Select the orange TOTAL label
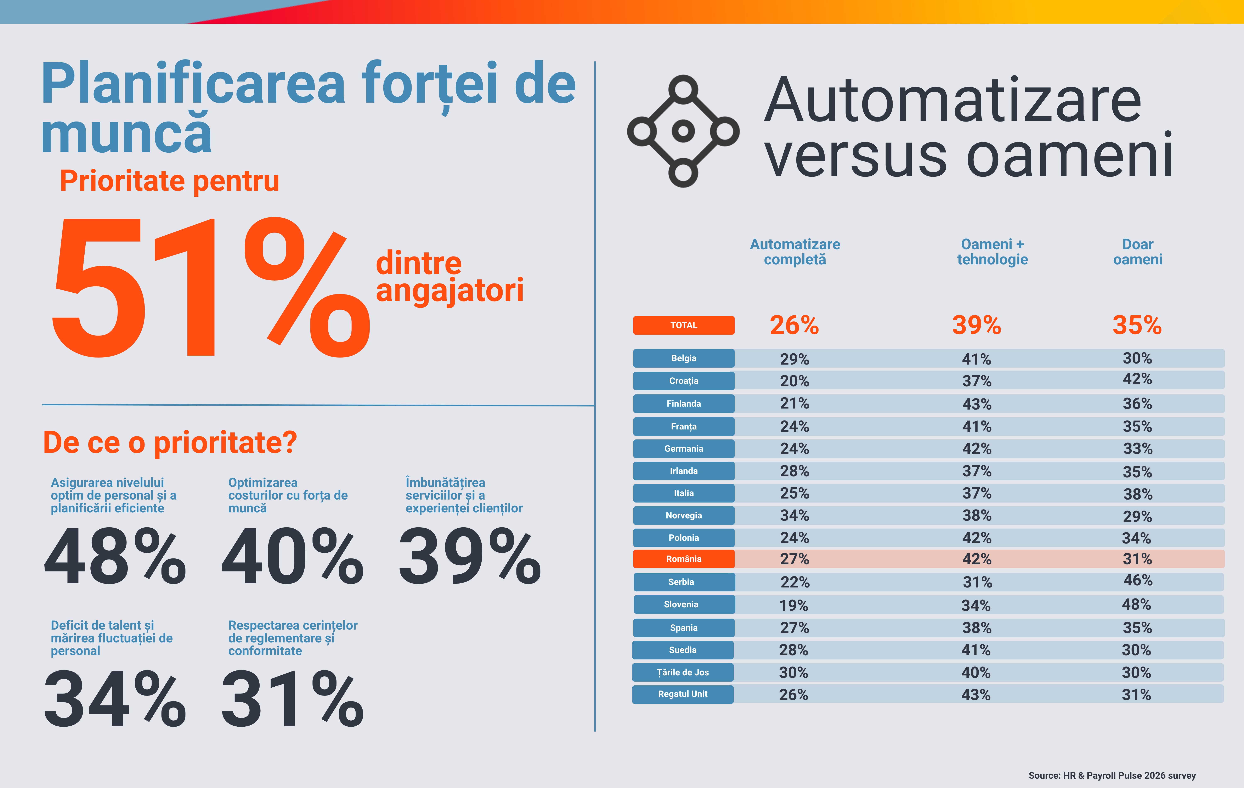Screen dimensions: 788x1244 click(x=684, y=325)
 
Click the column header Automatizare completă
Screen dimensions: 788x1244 click(x=795, y=252)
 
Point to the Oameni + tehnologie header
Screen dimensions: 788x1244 click(x=992, y=252)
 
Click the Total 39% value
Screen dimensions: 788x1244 click(x=976, y=325)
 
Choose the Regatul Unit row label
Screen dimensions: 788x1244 click(x=683, y=694)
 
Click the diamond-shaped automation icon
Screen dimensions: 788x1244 click(x=683, y=131)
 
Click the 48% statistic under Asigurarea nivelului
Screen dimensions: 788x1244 click(x=115, y=557)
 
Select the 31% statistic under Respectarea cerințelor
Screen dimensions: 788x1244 click(x=292, y=699)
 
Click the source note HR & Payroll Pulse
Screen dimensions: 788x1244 click(x=1112, y=775)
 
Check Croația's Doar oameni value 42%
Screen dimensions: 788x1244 click(x=1137, y=379)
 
